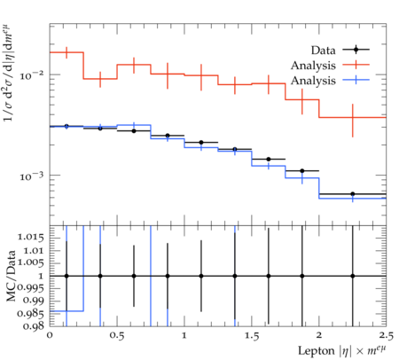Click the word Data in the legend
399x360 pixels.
click(x=323, y=50)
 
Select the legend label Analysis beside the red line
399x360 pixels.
click(x=313, y=66)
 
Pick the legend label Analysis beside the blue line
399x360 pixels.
click(x=313, y=81)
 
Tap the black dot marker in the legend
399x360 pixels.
click(x=356, y=50)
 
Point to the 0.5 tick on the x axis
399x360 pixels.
click(x=117, y=336)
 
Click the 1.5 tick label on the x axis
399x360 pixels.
click(x=252, y=336)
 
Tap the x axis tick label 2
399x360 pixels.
click(x=319, y=336)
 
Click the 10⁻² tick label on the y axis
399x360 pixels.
click(x=31, y=74)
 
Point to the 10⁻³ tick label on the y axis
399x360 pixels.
click(x=31, y=176)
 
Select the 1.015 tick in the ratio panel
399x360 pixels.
click(x=31, y=237)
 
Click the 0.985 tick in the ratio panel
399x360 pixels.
click(x=31, y=313)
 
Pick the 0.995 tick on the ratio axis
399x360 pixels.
click(x=31, y=288)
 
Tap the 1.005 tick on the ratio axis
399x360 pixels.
click(x=31, y=262)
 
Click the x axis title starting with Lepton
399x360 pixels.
click(x=342, y=351)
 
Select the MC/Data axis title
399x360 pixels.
click(x=11, y=276)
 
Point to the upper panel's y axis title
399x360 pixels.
click(x=9, y=73)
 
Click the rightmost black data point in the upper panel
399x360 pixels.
click(x=353, y=194)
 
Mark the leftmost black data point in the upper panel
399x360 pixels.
click(x=66, y=126)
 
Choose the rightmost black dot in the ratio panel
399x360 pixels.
click(x=353, y=276)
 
